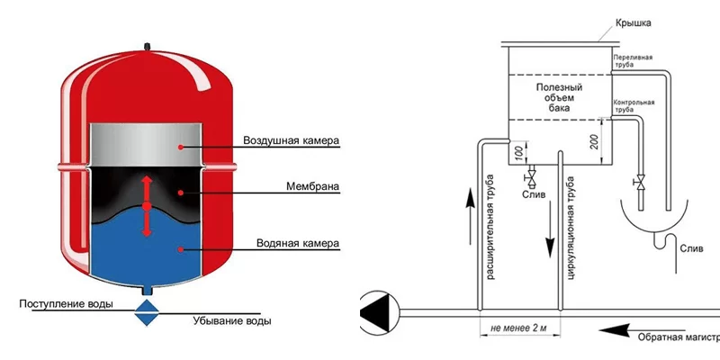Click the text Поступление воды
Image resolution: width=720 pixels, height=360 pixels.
point(66,304)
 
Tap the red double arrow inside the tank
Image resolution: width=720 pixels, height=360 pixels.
point(147,205)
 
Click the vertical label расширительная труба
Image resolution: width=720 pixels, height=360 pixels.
point(491,229)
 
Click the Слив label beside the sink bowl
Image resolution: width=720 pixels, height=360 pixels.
point(693,247)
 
